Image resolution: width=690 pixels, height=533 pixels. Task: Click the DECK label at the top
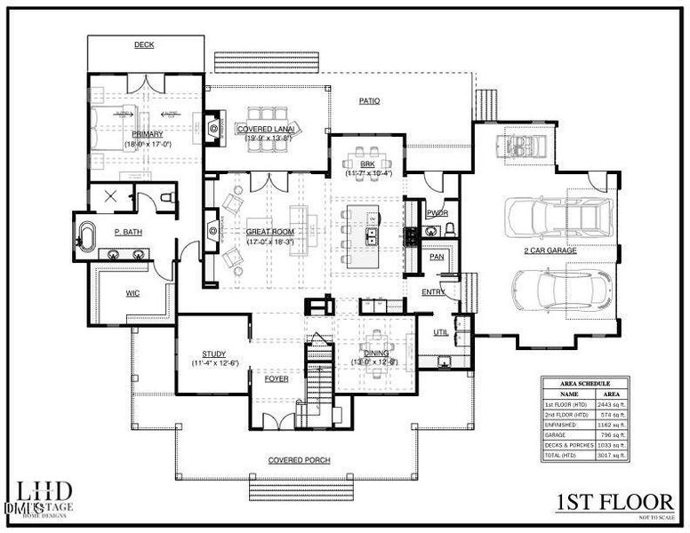click(x=145, y=44)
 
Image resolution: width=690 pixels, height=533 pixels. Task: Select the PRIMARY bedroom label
click(x=147, y=134)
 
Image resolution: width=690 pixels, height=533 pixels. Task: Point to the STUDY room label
click(x=213, y=353)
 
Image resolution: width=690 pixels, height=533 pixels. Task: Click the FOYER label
click(x=277, y=378)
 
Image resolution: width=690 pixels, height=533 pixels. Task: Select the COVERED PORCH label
click(x=300, y=460)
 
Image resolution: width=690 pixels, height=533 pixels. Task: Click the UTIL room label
click(x=440, y=332)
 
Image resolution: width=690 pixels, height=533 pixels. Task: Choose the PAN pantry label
click(x=437, y=257)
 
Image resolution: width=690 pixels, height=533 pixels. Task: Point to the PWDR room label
click(x=437, y=213)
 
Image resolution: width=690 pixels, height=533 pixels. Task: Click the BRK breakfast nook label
click(x=367, y=163)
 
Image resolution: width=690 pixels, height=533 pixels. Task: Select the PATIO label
click(x=369, y=101)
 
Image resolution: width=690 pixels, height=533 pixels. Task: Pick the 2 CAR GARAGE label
click(x=550, y=251)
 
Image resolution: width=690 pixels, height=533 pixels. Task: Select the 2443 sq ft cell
click(x=614, y=404)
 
